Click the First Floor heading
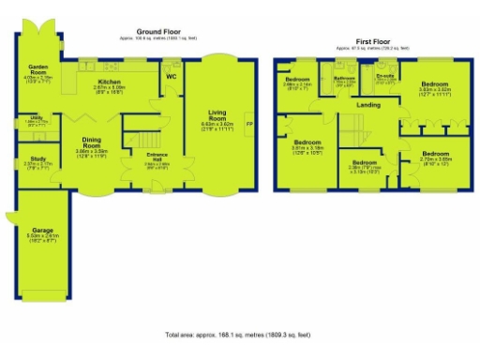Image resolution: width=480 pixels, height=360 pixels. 372,42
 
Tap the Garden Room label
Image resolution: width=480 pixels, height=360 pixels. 37,67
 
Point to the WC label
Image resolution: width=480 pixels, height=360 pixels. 172,77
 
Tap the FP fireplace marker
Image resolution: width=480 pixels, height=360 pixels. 248,124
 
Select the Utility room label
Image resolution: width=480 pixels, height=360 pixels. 34,120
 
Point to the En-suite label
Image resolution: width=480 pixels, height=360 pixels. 384,76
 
